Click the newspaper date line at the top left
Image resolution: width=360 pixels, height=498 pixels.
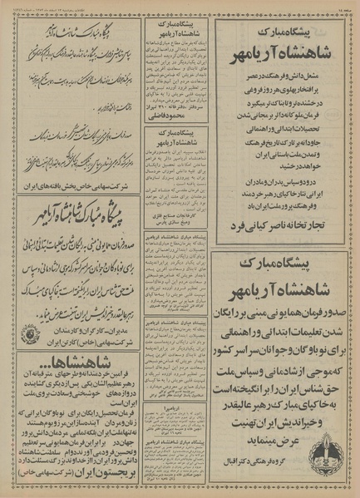(50, 6)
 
